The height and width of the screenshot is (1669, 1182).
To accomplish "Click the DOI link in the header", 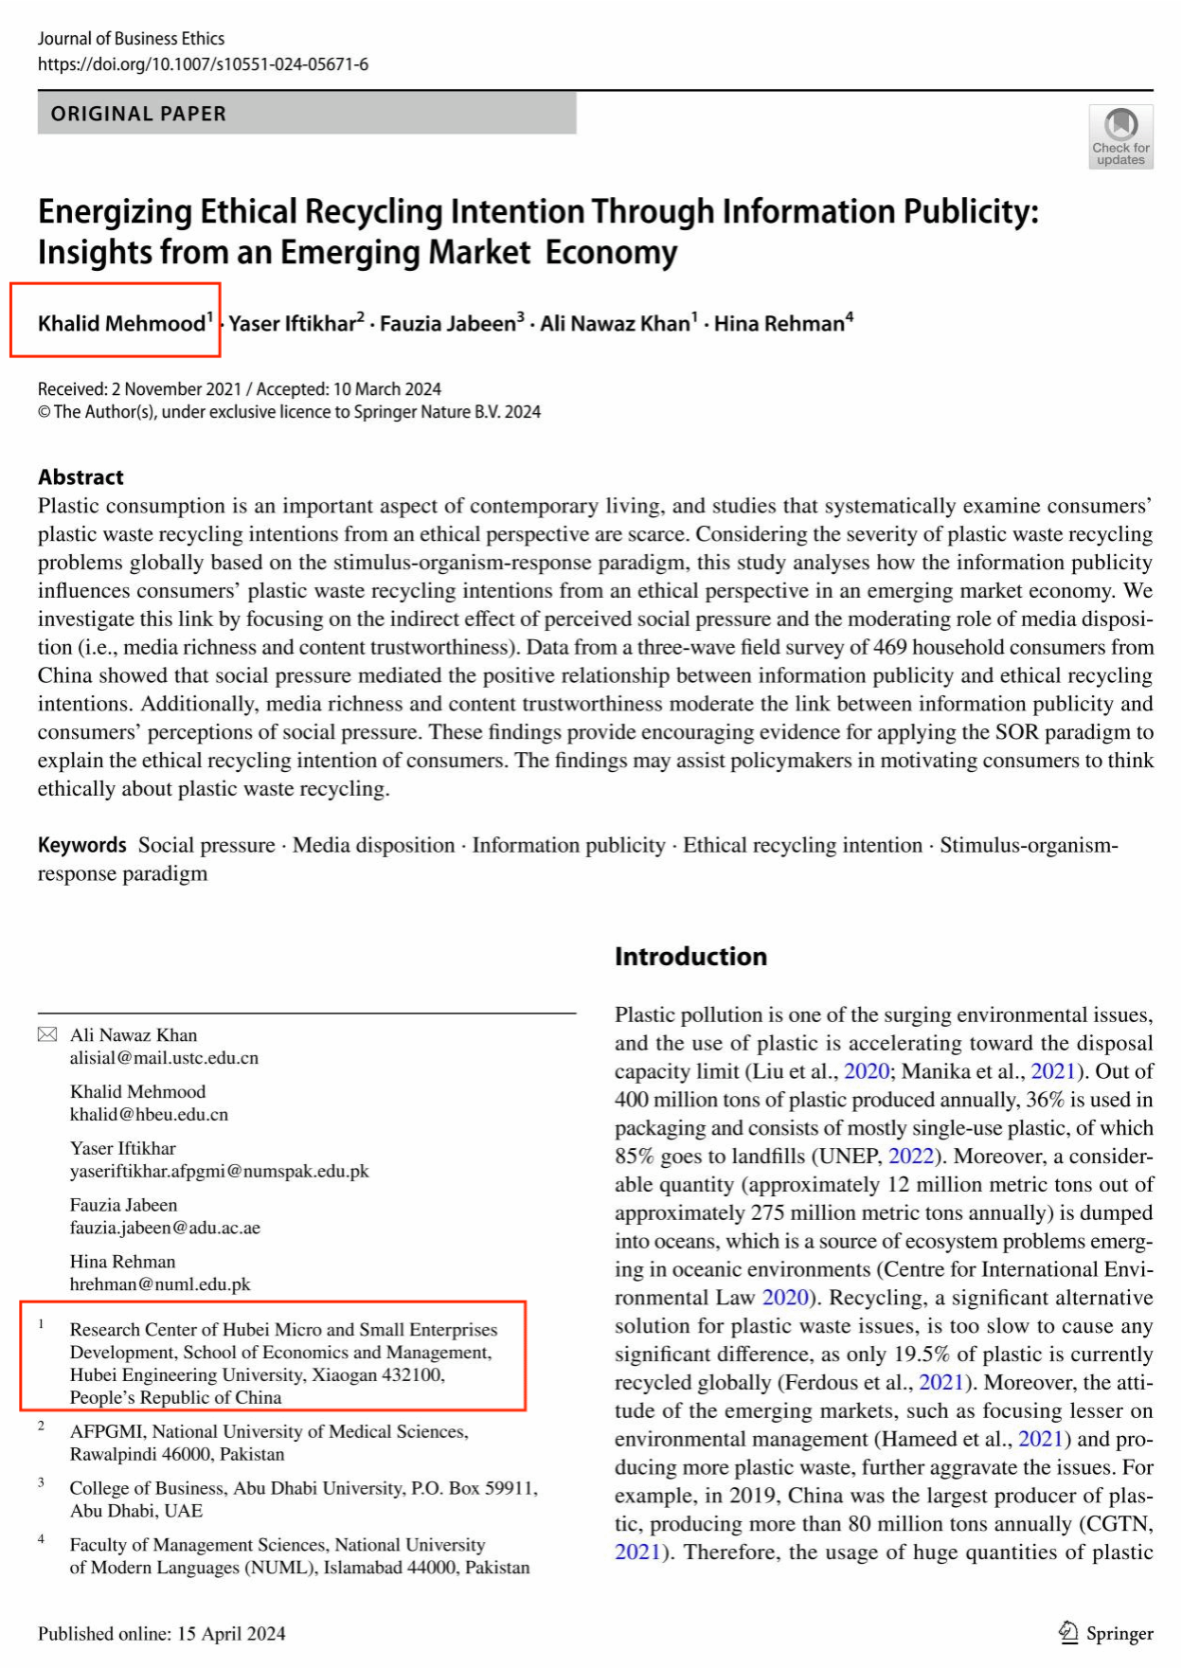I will [203, 64].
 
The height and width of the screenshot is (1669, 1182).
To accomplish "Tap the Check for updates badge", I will [1120, 136].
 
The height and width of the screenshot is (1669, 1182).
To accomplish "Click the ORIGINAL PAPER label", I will [138, 114].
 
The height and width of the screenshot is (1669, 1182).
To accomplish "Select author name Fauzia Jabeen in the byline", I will [448, 324].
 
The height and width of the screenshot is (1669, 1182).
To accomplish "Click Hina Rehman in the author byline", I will [779, 324].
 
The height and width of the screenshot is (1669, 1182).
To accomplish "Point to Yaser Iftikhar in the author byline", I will [292, 324].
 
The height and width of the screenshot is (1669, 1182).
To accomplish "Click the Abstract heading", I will [81, 477].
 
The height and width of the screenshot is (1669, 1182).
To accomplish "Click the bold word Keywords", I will [81, 845].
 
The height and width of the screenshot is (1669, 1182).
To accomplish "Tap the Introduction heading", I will [690, 957].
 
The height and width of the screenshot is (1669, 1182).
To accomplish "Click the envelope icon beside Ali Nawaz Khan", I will [47, 1034].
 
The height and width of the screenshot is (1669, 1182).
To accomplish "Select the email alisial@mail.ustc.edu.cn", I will [164, 1058].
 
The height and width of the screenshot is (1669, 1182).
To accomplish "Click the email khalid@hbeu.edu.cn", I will [149, 1115].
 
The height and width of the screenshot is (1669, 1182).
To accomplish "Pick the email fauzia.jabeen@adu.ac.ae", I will [165, 1229].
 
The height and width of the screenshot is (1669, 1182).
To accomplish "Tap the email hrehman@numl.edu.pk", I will [160, 1285].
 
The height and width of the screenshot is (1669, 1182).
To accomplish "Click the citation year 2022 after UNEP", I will [910, 1157].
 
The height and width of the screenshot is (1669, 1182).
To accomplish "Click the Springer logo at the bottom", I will [1105, 1633].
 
